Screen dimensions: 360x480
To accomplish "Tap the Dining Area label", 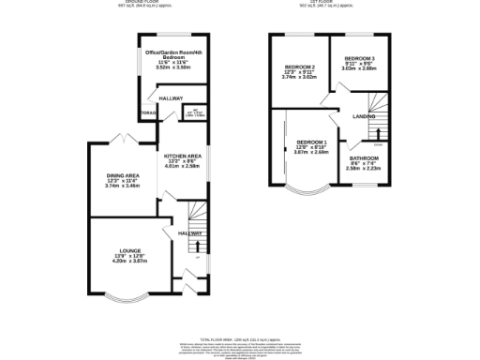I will [x=122, y=175].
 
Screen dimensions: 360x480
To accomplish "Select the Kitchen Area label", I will [x=183, y=157].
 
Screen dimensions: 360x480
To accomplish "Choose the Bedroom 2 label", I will [x=298, y=67].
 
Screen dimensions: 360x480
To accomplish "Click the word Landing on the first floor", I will [x=364, y=116].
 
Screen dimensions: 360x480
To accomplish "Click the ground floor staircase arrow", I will [x=198, y=247].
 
